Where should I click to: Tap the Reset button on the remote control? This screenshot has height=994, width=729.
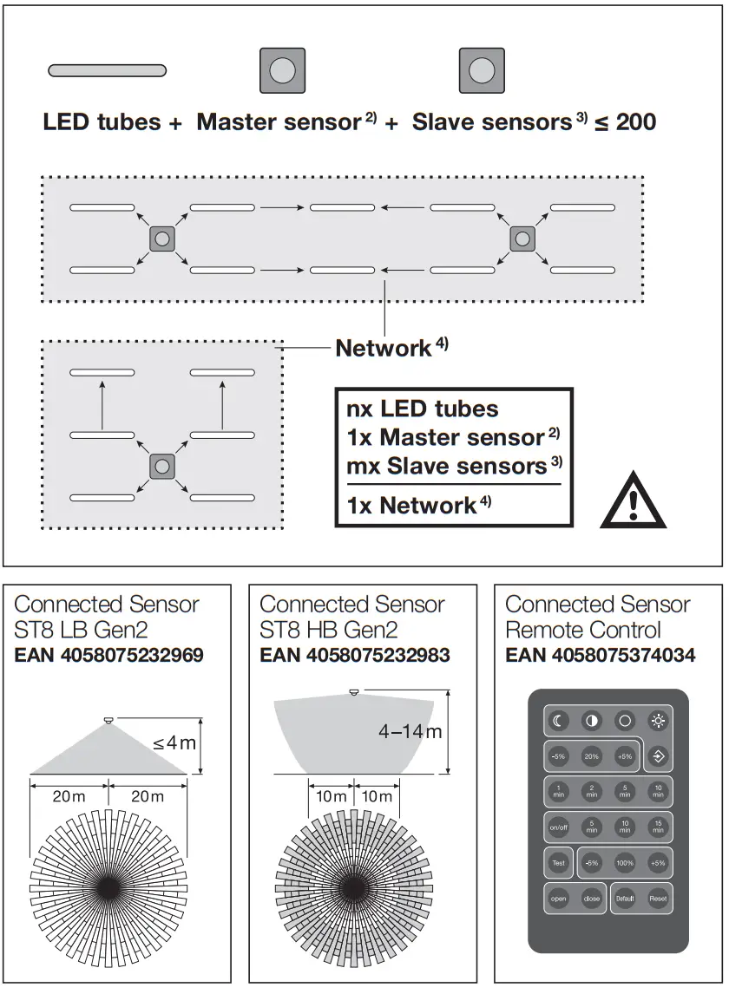[x=658, y=899]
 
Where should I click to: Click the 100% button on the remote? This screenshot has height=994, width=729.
[x=624, y=863]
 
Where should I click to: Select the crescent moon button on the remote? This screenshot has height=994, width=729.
[x=558, y=721]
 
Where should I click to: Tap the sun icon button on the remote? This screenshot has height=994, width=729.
[x=658, y=721]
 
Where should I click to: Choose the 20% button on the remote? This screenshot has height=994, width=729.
[x=591, y=755]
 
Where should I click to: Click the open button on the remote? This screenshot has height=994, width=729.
[x=558, y=899]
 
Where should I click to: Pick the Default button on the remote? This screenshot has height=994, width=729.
[x=624, y=899]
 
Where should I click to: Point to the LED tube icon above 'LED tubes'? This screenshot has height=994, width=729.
[x=107, y=70]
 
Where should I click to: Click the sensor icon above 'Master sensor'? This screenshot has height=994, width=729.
[x=282, y=70]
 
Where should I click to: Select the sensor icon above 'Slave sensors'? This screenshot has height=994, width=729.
[x=481, y=70]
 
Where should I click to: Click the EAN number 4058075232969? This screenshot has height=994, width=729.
[x=109, y=655]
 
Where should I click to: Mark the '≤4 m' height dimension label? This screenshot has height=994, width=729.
[x=174, y=743]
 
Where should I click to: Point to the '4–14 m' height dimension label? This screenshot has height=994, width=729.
[x=410, y=731]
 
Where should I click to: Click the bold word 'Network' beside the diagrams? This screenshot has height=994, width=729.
[x=383, y=349]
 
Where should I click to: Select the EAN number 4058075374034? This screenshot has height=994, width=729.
[x=601, y=655]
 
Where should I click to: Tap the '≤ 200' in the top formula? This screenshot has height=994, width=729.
[x=625, y=122]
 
